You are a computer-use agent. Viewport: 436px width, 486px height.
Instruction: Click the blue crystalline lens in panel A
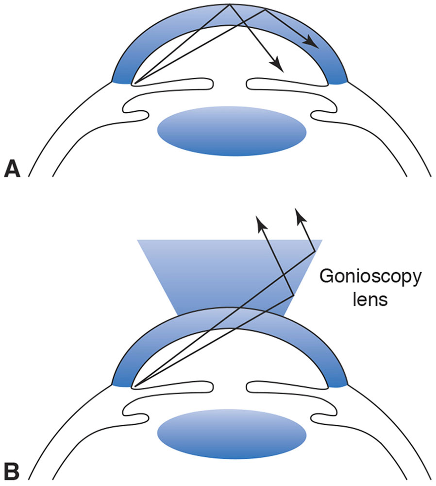tap(232, 131)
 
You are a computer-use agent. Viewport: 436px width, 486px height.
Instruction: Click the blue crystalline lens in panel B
tap(232, 432)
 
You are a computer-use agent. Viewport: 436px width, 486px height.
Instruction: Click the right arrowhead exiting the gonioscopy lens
tap(301, 214)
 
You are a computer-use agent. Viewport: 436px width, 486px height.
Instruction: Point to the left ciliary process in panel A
tap(138, 115)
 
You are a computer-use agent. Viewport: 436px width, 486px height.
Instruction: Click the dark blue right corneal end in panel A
tap(338, 78)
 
